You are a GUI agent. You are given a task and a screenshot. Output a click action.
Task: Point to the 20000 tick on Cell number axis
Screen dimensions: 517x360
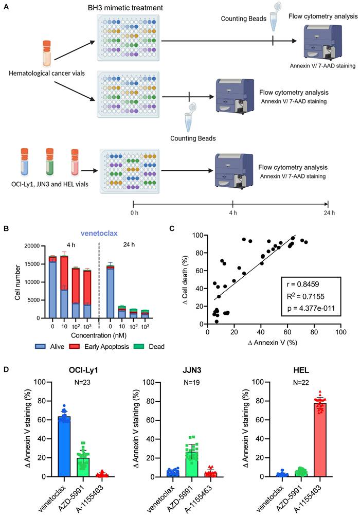(32, 246)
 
